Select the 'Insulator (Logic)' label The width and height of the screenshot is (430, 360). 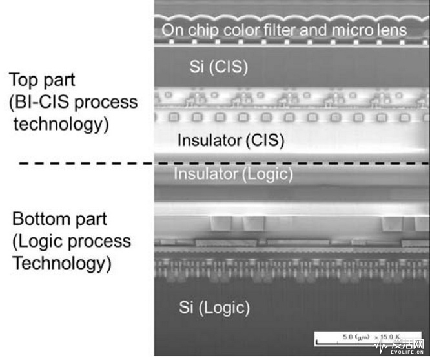coord(233,173)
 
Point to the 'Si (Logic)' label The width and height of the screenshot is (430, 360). coord(214,308)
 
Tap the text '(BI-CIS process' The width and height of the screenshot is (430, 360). coord(74,103)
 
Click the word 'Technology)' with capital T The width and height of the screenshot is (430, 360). coord(63,263)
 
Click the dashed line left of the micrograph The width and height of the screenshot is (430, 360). coord(84,163)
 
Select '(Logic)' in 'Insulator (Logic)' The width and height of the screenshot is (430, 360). coord(268,173)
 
